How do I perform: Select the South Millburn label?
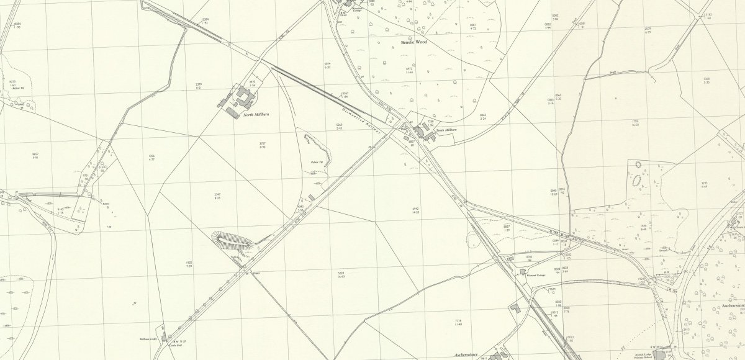point(446,130)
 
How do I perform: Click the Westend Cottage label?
point(536,274)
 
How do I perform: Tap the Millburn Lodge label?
point(148,339)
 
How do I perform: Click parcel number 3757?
point(263,145)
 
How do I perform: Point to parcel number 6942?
point(415,209)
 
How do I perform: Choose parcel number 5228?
point(341,272)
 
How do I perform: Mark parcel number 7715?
point(458,320)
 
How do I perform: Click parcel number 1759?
point(634,122)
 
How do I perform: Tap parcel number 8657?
point(35,154)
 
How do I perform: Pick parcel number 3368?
point(707,79)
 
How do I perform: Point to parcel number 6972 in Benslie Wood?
point(410,69)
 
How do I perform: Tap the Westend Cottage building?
point(523,271)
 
